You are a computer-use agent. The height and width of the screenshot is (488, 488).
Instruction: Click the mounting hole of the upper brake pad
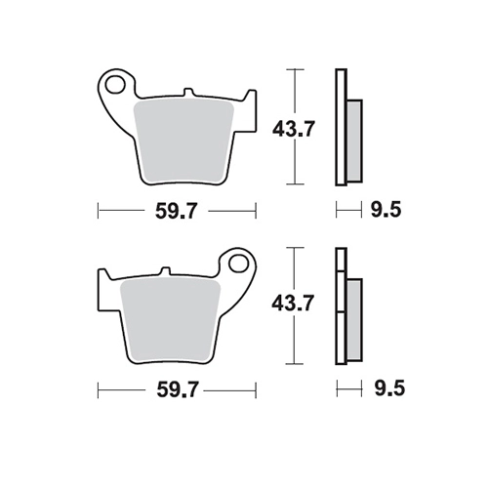pos(114,84)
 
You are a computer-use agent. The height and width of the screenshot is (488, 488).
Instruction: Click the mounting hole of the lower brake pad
pos(239,264)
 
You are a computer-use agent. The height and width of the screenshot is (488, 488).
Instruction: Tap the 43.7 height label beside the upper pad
pos(294,129)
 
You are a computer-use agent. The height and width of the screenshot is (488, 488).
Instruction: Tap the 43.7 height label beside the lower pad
pos(293,304)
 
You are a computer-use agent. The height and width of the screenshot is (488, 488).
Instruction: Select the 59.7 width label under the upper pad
pos(176,211)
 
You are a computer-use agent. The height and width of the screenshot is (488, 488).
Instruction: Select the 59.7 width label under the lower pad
pos(178,389)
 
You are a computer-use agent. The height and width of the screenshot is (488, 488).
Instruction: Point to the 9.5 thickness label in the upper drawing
pos(386,210)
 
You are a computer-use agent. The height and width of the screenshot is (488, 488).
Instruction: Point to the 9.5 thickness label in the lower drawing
pos(389,388)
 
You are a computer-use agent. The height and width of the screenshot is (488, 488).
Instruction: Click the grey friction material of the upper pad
pos(183,142)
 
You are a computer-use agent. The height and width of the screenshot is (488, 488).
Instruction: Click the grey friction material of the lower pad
pos(170,321)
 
